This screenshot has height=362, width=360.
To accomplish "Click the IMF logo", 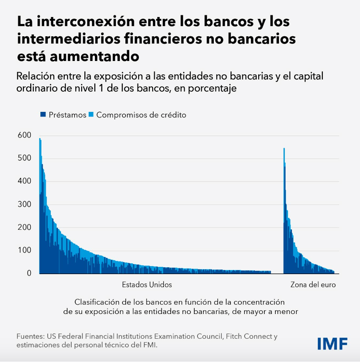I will [x=332, y=343].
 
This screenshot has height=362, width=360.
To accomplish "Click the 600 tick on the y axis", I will [x=24, y=135].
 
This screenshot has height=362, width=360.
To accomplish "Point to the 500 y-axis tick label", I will [x=24, y=158].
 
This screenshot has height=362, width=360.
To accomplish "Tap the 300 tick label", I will [x=24, y=204].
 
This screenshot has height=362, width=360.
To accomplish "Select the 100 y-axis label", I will [x=24, y=250].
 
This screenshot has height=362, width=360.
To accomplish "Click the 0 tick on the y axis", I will [x=29, y=273].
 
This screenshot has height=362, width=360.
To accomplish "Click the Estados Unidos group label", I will [x=147, y=285].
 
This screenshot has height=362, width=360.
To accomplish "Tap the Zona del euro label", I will [x=313, y=285].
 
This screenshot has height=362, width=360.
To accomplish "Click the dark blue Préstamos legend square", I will [x=43, y=115].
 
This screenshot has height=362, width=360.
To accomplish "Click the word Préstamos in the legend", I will [x=67, y=115].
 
